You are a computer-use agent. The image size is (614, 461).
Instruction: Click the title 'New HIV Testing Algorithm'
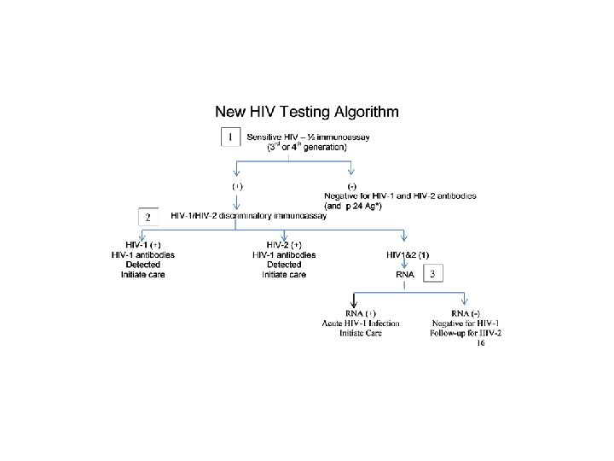[306, 112]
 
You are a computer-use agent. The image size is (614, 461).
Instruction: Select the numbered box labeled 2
[148, 217]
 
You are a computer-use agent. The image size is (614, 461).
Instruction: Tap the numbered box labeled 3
[433, 274]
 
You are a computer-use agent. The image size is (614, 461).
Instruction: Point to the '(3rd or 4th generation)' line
[295, 147]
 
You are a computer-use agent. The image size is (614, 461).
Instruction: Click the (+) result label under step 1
[238, 185]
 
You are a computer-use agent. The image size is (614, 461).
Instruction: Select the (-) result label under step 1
[351, 185]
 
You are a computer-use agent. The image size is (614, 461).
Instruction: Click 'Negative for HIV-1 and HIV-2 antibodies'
[399, 195]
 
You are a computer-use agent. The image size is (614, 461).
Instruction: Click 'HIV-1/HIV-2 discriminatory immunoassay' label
[248, 215]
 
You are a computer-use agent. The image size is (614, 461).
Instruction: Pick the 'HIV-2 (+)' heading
[283, 244]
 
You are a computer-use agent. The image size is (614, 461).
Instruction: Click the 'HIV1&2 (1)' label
[408, 254]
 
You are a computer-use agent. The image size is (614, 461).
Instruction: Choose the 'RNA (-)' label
[466, 313]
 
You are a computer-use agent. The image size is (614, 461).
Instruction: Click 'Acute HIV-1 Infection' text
[360, 324]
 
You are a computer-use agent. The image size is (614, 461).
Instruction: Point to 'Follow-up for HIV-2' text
[466, 334]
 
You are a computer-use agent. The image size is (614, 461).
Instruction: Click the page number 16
[481, 343]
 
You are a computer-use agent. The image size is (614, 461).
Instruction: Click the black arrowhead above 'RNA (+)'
[354, 299]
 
